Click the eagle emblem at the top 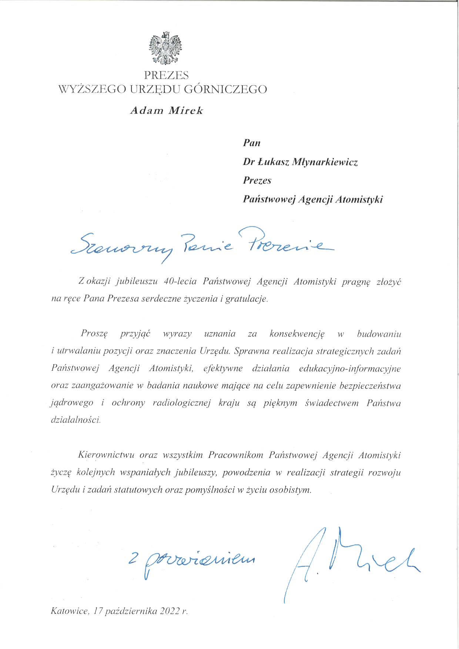coord(165,48)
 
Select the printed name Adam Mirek coord(167,111)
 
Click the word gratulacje coord(246,299)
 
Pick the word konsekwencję coord(297,334)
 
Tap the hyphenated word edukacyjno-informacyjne coord(350,369)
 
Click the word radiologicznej coord(181,403)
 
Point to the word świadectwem coord(332,403)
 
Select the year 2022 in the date coord(170,611)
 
